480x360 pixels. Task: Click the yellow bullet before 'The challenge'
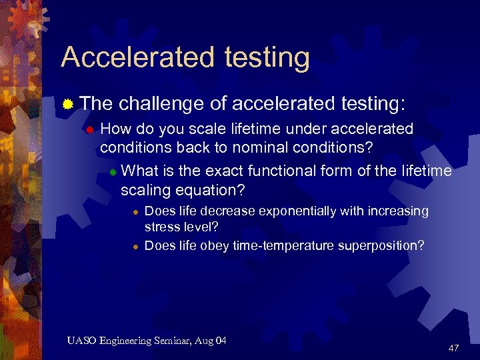coord(67,104)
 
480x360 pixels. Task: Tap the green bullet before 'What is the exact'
coord(113,171)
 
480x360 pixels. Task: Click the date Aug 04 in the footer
coord(211,341)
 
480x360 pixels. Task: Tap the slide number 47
coord(453,348)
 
